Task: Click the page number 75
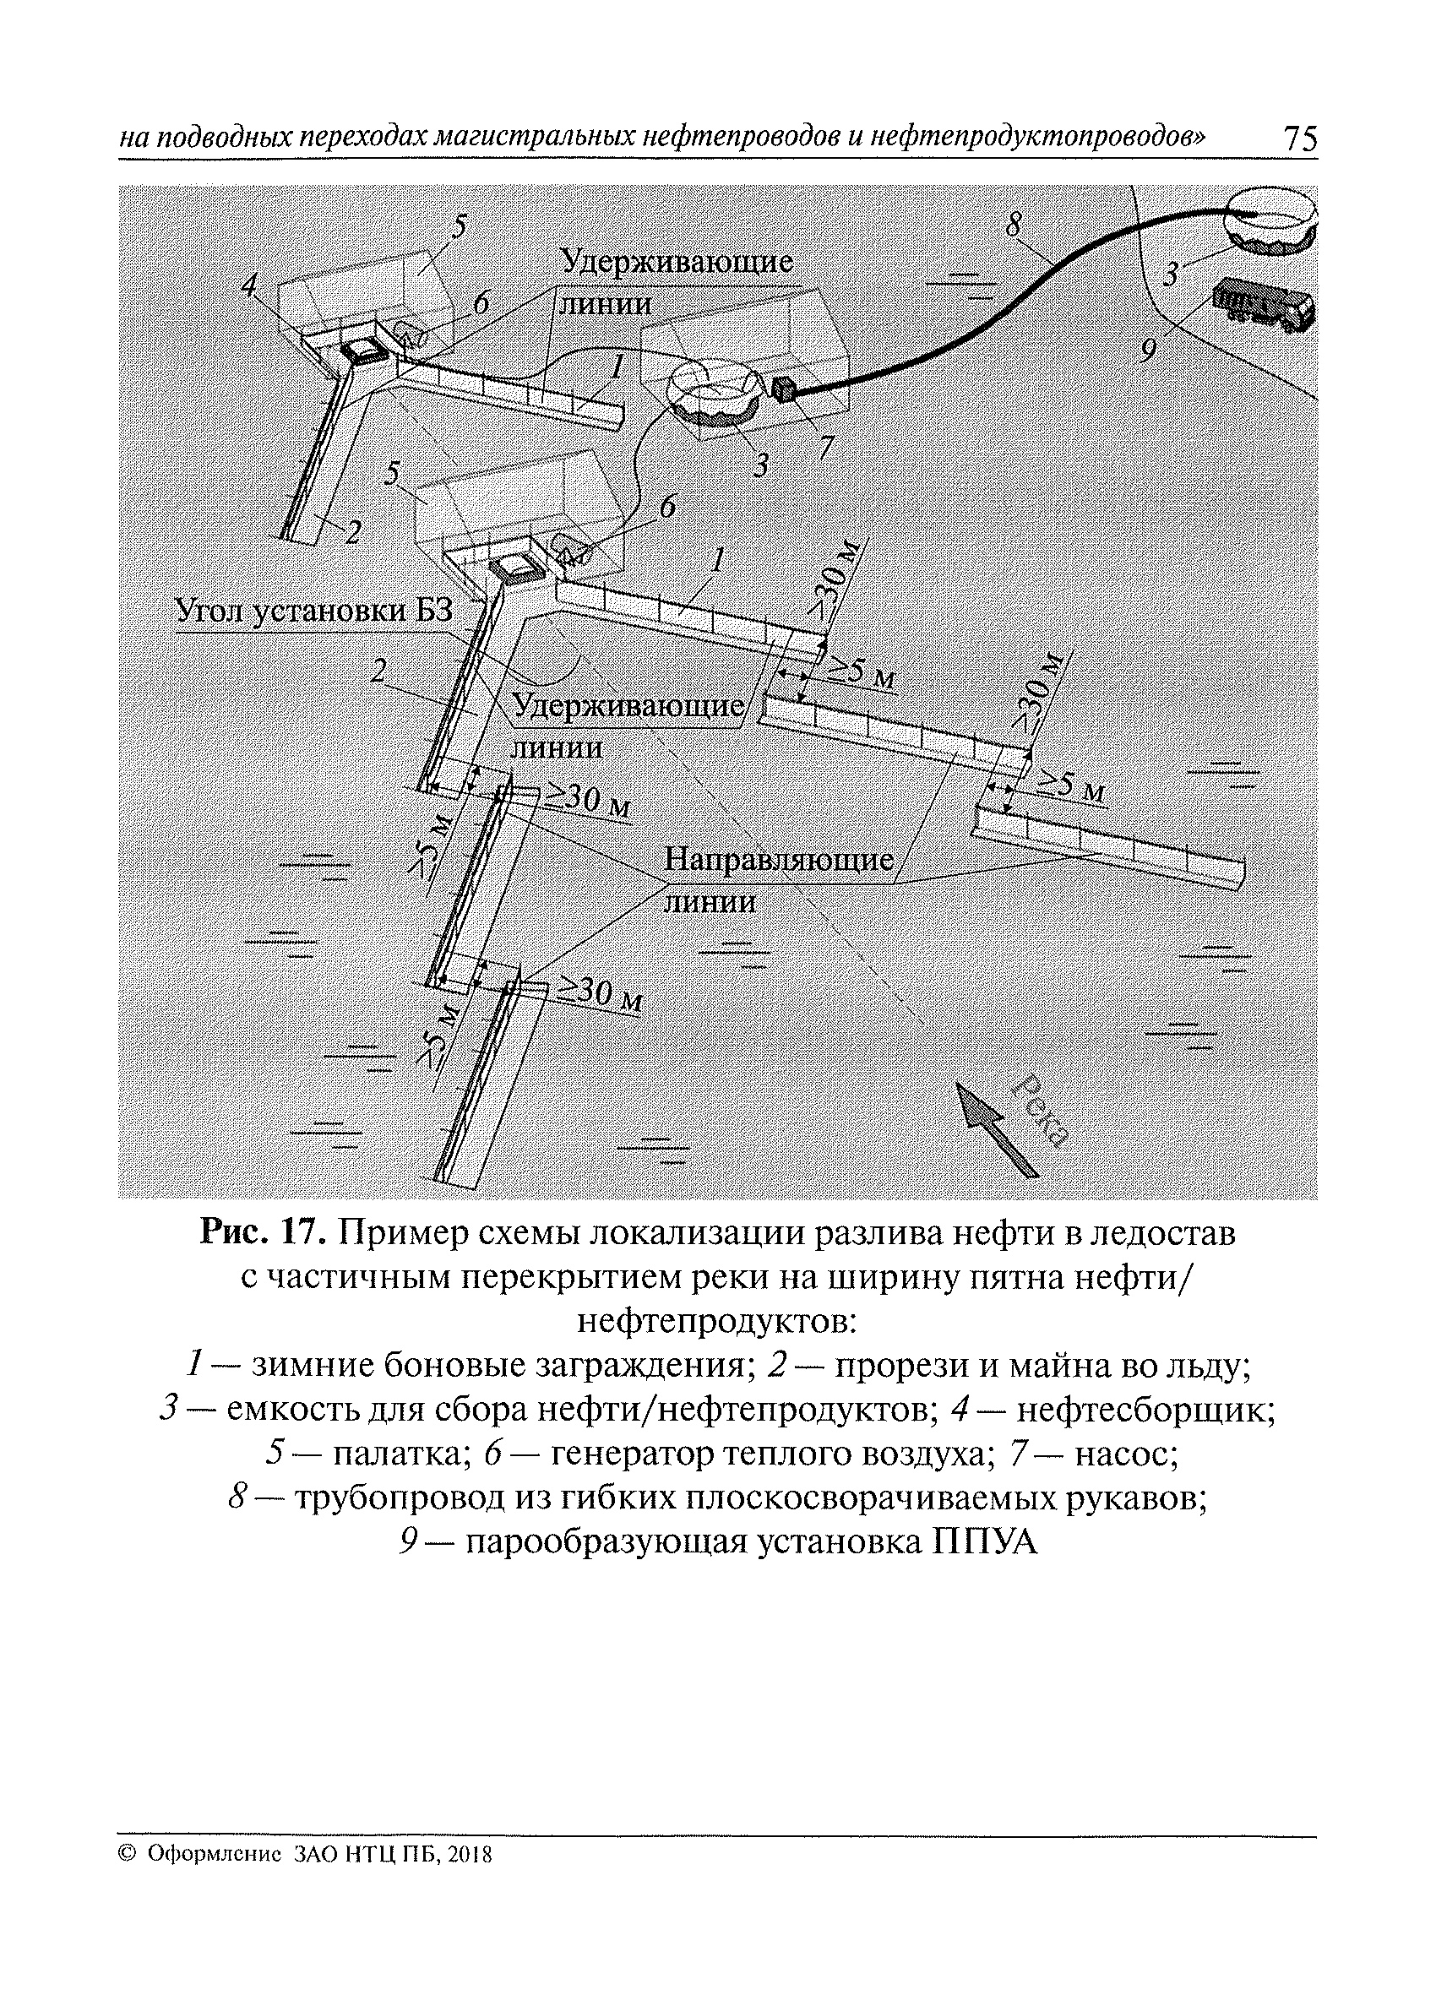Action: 1301,139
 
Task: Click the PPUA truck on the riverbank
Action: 1264,304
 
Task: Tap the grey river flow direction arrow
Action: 996,1127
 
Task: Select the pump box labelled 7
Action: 782,389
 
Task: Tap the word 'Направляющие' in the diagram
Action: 779,859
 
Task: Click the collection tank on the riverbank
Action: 1271,219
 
